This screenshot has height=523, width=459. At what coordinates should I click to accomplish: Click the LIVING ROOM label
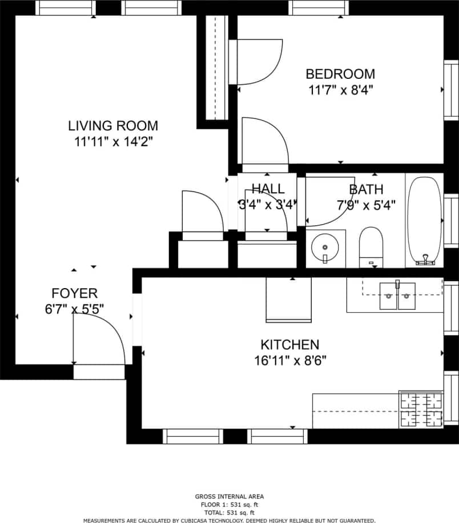[113, 126]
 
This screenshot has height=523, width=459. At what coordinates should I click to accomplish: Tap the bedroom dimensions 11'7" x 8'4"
[340, 90]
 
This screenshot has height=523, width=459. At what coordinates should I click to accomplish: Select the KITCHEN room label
[289, 345]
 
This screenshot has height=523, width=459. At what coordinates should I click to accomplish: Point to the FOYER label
[74, 294]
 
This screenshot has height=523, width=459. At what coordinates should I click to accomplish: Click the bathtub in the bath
[424, 220]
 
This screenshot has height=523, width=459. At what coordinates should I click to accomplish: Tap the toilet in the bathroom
[371, 246]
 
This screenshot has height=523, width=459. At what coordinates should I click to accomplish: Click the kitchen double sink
[397, 296]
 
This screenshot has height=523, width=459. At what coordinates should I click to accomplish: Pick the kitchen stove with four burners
[421, 409]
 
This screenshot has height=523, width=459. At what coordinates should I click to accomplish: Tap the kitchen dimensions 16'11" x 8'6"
[289, 361]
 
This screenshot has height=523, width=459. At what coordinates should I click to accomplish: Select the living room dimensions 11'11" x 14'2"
[113, 142]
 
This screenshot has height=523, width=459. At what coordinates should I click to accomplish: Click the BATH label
[366, 189]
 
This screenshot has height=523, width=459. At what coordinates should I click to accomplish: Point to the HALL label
[268, 189]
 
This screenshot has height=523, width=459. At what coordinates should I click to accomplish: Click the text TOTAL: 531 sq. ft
[230, 513]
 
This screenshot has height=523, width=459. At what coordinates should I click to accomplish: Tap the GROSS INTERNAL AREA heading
[230, 497]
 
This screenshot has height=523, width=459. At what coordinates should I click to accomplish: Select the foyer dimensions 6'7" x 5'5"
[74, 309]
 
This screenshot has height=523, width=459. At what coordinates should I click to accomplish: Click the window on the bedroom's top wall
[319, 8]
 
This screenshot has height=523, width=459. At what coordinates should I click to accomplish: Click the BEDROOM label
[340, 74]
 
